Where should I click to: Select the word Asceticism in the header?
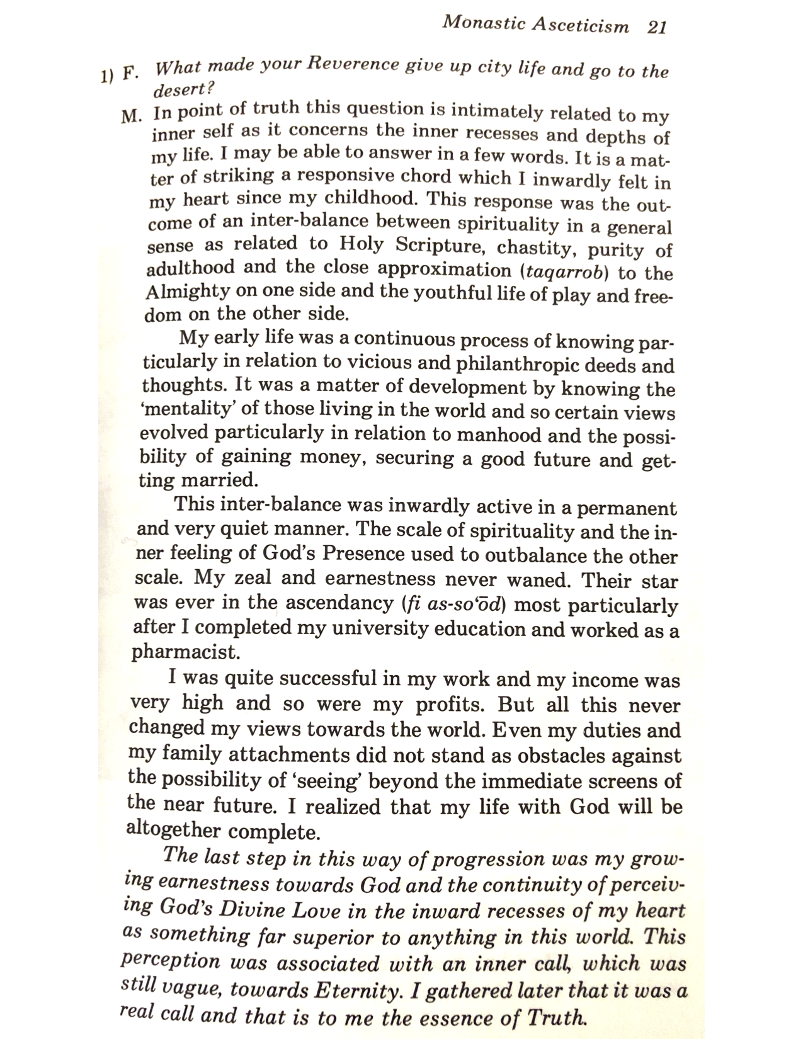[580, 25]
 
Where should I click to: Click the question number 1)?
[105, 75]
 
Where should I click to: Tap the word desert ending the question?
[181, 90]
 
